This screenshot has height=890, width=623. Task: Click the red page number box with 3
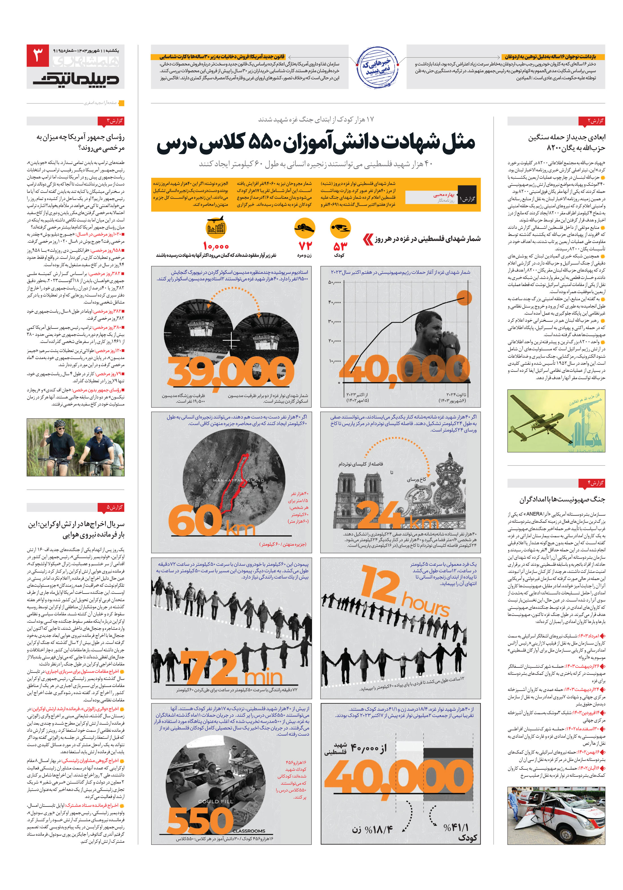tap(38, 56)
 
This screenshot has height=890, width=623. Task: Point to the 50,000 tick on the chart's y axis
tap(334, 283)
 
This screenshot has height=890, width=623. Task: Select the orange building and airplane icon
tap(216, 228)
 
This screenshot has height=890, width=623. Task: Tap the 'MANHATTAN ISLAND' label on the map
tap(238, 480)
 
